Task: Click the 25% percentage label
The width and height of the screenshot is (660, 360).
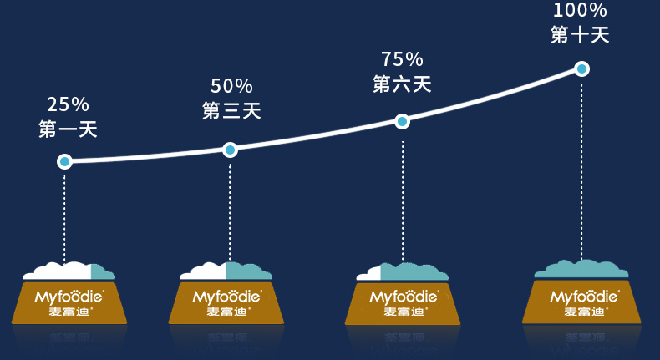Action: [x=68, y=104]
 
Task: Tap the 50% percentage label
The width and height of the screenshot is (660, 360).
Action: [x=231, y=85]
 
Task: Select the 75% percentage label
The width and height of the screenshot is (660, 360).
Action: [x=402, y=59]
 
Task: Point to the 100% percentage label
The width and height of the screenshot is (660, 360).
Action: [x=580, y=11]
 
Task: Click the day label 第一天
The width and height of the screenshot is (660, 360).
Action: [x=68, y=129]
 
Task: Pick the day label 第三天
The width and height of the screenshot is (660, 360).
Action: [x=231, y=110]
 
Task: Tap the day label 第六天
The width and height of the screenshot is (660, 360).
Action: [x=402, y=84]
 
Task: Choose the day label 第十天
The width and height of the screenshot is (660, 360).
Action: [x=580, y=35]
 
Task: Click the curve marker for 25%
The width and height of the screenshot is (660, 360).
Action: [x=64, y=161]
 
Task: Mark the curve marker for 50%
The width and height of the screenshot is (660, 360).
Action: [x=230, y=150]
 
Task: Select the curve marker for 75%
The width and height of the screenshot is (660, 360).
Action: [x=402, y=122]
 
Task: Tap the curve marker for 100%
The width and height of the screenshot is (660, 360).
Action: [x=581, y=68]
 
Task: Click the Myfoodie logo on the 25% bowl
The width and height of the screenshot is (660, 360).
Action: [x=69, y=296]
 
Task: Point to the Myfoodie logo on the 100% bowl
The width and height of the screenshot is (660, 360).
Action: [x=584, y=296]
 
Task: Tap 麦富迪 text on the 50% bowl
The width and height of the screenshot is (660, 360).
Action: [x=226, y=312]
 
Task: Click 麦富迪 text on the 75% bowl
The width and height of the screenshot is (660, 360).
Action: [x=403, y=312]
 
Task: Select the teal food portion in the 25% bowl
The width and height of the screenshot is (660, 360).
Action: [x=101, y=272]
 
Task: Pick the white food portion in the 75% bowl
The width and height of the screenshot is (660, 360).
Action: [x=369, y=275]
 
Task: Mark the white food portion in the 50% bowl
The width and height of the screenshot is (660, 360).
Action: [x=206, y=271]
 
